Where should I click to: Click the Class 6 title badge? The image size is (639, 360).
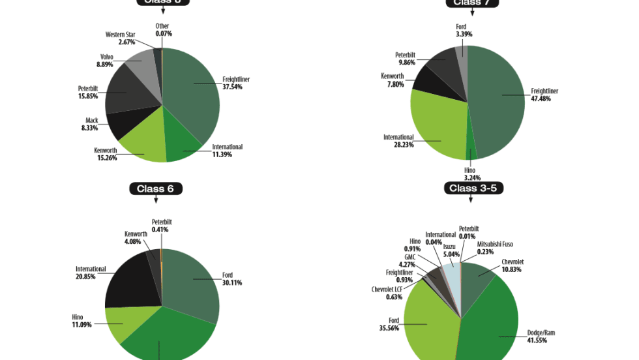155,188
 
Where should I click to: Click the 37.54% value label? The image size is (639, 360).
232,86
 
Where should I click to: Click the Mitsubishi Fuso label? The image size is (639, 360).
495,245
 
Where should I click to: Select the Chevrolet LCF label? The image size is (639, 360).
387,289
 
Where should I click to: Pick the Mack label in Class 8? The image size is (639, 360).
92,120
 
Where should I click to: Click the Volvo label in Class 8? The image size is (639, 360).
107,57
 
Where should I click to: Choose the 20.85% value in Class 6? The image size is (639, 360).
86,277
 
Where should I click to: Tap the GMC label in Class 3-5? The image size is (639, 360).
409,258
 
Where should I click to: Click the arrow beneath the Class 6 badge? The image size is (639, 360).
155,200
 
